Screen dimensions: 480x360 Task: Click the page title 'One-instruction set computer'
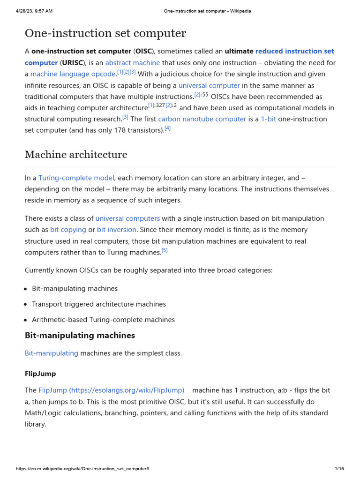105,33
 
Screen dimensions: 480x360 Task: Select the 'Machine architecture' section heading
75,155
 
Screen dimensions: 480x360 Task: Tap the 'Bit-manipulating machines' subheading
80,335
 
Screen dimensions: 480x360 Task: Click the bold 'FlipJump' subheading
40,374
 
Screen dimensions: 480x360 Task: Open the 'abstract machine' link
133,62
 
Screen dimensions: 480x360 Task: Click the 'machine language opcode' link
73,74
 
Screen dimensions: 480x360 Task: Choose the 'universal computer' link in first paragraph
209,85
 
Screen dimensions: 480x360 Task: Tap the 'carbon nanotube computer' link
202,119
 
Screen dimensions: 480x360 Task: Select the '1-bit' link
268,119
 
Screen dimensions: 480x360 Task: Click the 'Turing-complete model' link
76,178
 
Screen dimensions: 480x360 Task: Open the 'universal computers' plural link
127,218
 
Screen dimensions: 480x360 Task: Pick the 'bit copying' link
68,230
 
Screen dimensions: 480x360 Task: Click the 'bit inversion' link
117,230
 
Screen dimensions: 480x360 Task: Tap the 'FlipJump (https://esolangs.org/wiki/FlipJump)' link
111,390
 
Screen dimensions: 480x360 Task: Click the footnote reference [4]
167,128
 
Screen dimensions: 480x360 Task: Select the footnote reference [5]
165,250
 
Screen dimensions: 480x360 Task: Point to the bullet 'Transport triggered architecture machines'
99,304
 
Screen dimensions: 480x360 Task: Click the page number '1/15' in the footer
339,469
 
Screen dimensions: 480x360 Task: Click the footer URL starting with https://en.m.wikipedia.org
82,469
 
